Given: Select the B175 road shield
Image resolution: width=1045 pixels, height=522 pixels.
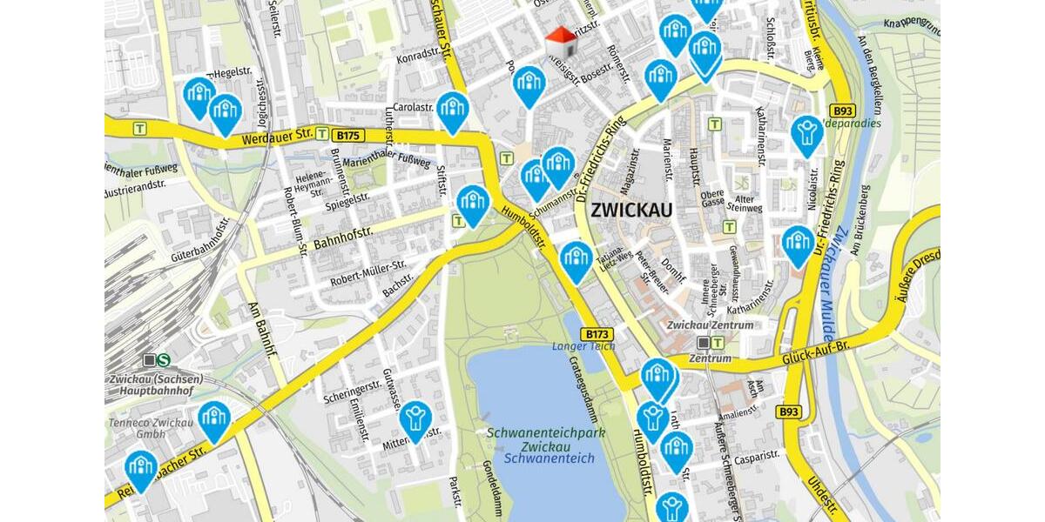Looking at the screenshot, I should point(349,135).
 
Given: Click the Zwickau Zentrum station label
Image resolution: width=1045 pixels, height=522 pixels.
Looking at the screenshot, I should point(709,325).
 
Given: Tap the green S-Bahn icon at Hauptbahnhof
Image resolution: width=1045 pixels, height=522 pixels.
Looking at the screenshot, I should point(163,359).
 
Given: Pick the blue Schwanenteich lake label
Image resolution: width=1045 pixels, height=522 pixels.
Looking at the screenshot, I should point(549,458).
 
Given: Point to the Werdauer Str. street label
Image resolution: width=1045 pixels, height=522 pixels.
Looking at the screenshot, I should point(277,137).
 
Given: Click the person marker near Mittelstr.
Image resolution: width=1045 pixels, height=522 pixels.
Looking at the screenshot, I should point(416,418).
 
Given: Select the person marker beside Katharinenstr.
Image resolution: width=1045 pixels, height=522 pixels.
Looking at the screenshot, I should point(807,134).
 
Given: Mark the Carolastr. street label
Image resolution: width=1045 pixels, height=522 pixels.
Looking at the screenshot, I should point(413,107).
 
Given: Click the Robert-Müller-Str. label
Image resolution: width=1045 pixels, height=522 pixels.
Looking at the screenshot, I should point(368,273).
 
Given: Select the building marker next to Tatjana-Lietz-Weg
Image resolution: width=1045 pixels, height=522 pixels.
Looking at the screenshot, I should point(576,259).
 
